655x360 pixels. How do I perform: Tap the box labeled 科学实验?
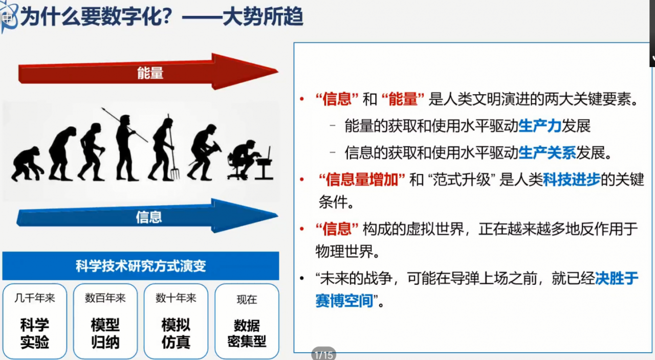[x=35, y=321]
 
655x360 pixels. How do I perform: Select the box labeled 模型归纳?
[x=105, y=321]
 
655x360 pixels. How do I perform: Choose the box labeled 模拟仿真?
[x=176, y=321]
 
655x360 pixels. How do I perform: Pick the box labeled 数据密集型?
[x=247, y=321]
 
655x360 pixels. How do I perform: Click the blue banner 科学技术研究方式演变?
[x=141, y=266]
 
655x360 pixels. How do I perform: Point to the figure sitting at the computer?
[x=250, y=160]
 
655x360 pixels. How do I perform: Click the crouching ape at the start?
[x=27, y=164]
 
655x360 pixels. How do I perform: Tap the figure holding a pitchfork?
[x=164, y=148]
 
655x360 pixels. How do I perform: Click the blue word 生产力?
[x=540, y=126]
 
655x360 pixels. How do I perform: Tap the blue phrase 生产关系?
[x=547, y=153]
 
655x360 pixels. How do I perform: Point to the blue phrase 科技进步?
[x=572, y=179]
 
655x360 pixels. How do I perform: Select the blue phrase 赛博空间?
[x=344, y=301]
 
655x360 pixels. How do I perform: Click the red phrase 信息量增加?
[x=362, y=179]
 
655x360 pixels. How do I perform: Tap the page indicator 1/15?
[x=324, y=355]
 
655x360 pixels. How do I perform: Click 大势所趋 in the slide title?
[x=263, y=16]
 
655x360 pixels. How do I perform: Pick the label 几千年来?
[x=35, y=298]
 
